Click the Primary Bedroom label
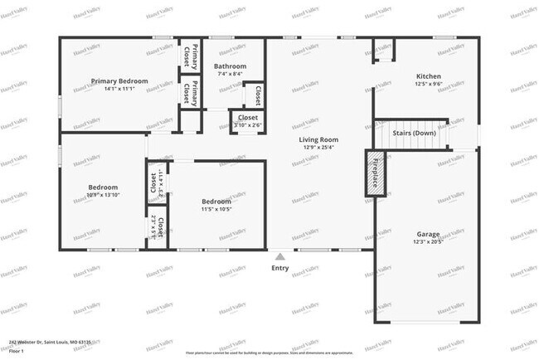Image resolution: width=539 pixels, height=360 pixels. (119, 80)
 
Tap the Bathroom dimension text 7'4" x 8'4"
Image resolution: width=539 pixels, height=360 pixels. (230, 74)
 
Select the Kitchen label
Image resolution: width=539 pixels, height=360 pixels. (428, 76)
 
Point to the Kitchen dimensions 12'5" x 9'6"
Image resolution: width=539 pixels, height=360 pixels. (428, 85)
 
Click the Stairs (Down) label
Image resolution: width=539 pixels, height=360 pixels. (413, 133)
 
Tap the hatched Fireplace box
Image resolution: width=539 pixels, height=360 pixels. (376, 173)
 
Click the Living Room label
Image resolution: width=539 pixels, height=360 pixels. (318, 139)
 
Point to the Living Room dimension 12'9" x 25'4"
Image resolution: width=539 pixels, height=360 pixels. (318, 148)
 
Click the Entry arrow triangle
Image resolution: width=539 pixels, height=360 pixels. (279, 258)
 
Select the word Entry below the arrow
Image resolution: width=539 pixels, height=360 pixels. (280, 268)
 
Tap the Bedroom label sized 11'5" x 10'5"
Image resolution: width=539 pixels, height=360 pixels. (216, 202)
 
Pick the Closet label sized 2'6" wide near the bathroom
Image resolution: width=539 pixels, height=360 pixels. (247, 118)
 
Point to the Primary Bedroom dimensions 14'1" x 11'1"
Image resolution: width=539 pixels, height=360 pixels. (119, 89)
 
